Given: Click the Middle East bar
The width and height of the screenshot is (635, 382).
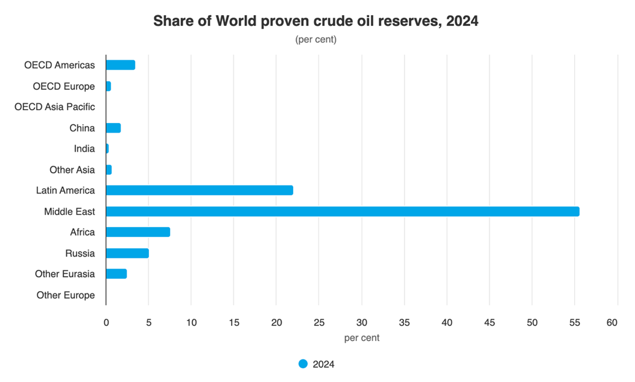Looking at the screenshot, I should tap(342, 211).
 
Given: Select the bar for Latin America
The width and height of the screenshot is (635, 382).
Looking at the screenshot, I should tap(199, 190).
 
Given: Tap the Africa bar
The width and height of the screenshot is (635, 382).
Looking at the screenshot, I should tap(137, 232).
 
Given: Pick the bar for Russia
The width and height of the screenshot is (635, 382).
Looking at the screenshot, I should tap(127, 253).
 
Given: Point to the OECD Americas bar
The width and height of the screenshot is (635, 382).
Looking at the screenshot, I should tap(120, 65).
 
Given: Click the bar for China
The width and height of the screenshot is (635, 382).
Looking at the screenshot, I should tap(113, 128).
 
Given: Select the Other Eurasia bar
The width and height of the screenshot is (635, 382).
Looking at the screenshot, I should tap(116, 274).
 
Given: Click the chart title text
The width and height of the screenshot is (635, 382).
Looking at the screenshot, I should tap(315, 22).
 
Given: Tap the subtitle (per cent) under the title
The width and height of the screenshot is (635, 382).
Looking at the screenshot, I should tap(315, 40).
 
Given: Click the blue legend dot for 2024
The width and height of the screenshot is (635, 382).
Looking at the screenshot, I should tap(303, 364).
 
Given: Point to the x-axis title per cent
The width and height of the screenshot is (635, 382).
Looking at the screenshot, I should tap(362, 338).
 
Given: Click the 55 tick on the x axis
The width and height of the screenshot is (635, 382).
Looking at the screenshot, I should tap(575, 323).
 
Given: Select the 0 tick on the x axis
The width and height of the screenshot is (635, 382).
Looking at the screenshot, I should tap(106, 323).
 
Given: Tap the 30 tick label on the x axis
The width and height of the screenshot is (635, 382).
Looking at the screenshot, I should tap(362, 323).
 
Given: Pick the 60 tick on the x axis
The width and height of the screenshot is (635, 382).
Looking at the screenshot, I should tap(612, 323).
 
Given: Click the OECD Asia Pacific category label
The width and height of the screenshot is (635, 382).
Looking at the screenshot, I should tap(55, 107).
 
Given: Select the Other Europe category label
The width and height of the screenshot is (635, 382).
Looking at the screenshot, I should tap(65, 295).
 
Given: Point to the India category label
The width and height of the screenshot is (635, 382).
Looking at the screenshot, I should tap(84, 149).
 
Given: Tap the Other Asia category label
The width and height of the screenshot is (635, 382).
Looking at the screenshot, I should tap(72, 170).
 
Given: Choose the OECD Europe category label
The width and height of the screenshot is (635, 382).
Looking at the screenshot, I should tap(64, 86).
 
